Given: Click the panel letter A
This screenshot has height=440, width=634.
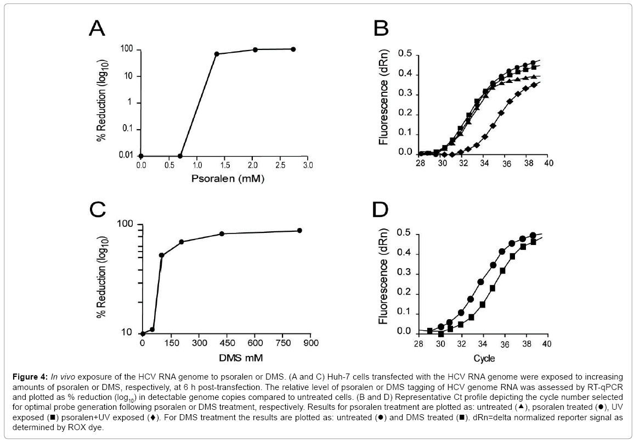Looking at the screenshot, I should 102,27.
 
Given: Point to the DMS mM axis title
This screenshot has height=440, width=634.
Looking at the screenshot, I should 224,358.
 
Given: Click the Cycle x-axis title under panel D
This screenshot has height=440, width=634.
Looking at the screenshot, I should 483,358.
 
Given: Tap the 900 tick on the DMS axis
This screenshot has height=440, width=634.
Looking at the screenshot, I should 310,344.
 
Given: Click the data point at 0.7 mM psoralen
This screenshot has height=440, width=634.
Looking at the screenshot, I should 180,156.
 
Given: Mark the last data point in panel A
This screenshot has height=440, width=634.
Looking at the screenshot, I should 293,49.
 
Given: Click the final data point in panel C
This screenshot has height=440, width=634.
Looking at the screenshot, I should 300,230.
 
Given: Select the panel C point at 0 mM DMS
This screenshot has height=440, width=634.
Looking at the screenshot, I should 143,333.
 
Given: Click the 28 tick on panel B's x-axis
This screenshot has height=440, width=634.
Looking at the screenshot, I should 421,163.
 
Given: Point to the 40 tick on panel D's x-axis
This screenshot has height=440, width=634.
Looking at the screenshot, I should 546,344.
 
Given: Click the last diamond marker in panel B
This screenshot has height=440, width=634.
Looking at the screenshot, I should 533,85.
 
